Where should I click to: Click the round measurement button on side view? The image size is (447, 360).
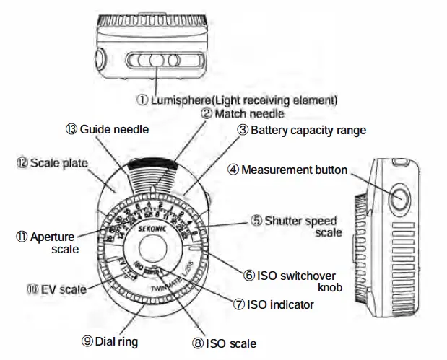pos(399,196)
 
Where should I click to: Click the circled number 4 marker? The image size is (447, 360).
pos(233,170)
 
